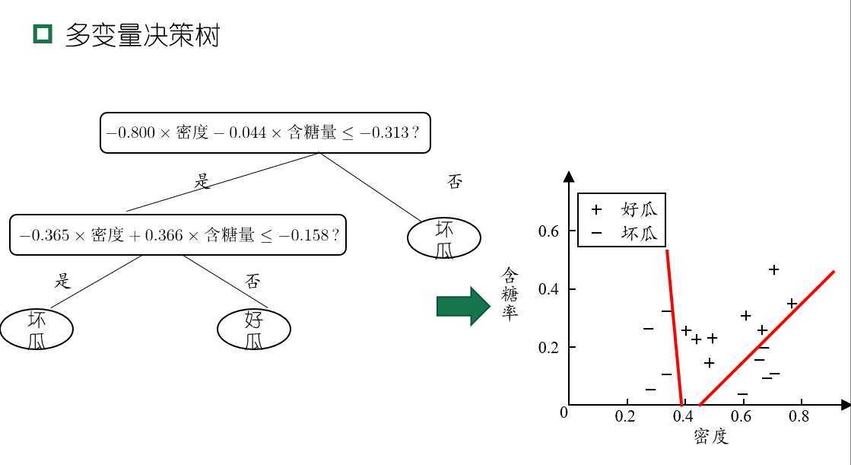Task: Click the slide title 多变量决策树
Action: click(142, 35)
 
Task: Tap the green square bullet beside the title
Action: click(43, 33)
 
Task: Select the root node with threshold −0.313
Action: click(265, 132)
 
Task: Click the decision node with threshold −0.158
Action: click(177, 234)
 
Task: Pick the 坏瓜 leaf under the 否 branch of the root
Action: click(444, 238)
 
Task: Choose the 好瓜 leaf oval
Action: click(254, 330)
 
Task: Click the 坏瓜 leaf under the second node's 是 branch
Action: click(37, 330)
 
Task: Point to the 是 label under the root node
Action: click(202, 180)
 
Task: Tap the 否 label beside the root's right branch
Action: click(454, 181)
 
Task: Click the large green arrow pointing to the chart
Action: click(463, 307)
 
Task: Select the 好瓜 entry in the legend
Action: click(624, 210)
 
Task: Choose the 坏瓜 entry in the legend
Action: click(624, 233)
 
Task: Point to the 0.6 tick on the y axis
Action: click(548, 231)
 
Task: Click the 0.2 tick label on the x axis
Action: click(624, 416)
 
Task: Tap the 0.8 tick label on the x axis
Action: click(799, 416)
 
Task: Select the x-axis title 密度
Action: click(711, 436)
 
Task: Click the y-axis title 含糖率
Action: click(510, 294)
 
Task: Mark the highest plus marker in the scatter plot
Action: click(774, 269)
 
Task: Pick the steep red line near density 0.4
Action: click(674, 327)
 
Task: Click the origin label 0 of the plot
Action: click(564, 412)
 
